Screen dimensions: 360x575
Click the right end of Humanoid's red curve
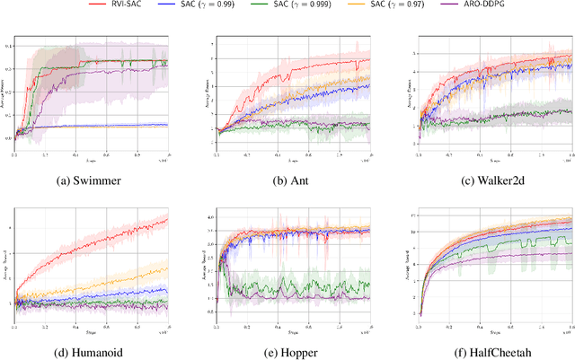click(x=168, y=218)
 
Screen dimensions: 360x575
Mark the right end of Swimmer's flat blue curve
click(x=167, y=125)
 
